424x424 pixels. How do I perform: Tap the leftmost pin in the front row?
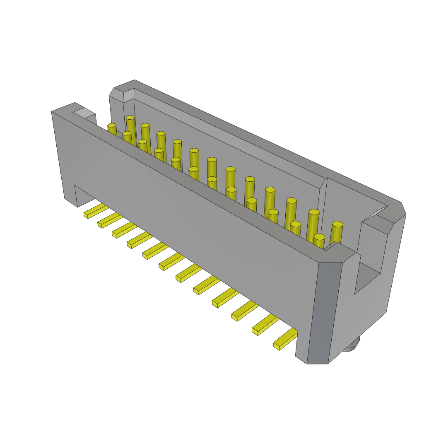point(112,129)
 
